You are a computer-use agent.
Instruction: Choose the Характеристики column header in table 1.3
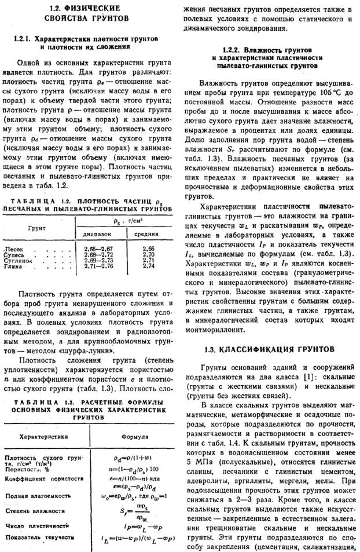coord(43,436)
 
